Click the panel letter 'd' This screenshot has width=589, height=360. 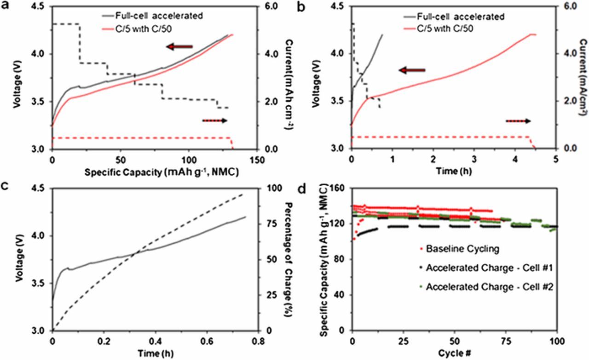[x=301, y=189]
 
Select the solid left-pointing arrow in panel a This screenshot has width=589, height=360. [x=179, y=47]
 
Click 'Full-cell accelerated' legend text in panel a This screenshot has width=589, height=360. [x=159, y=16]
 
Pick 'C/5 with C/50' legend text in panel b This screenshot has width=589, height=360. [x=445, y=29]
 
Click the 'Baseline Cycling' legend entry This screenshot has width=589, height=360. [x=462, y=249]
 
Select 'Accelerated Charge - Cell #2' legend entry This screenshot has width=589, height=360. [x=490, y=287]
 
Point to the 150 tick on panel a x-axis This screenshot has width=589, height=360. [x=256, y=159]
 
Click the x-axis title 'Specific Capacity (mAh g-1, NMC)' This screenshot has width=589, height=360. [x=162, y=172]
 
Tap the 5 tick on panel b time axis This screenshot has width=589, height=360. [x=555, y=159]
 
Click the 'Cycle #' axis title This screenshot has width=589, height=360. [x=454, y=353]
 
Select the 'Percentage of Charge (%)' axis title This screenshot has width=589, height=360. [x=289, y=259]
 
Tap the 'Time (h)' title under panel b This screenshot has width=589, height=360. [x=454, y=171]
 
